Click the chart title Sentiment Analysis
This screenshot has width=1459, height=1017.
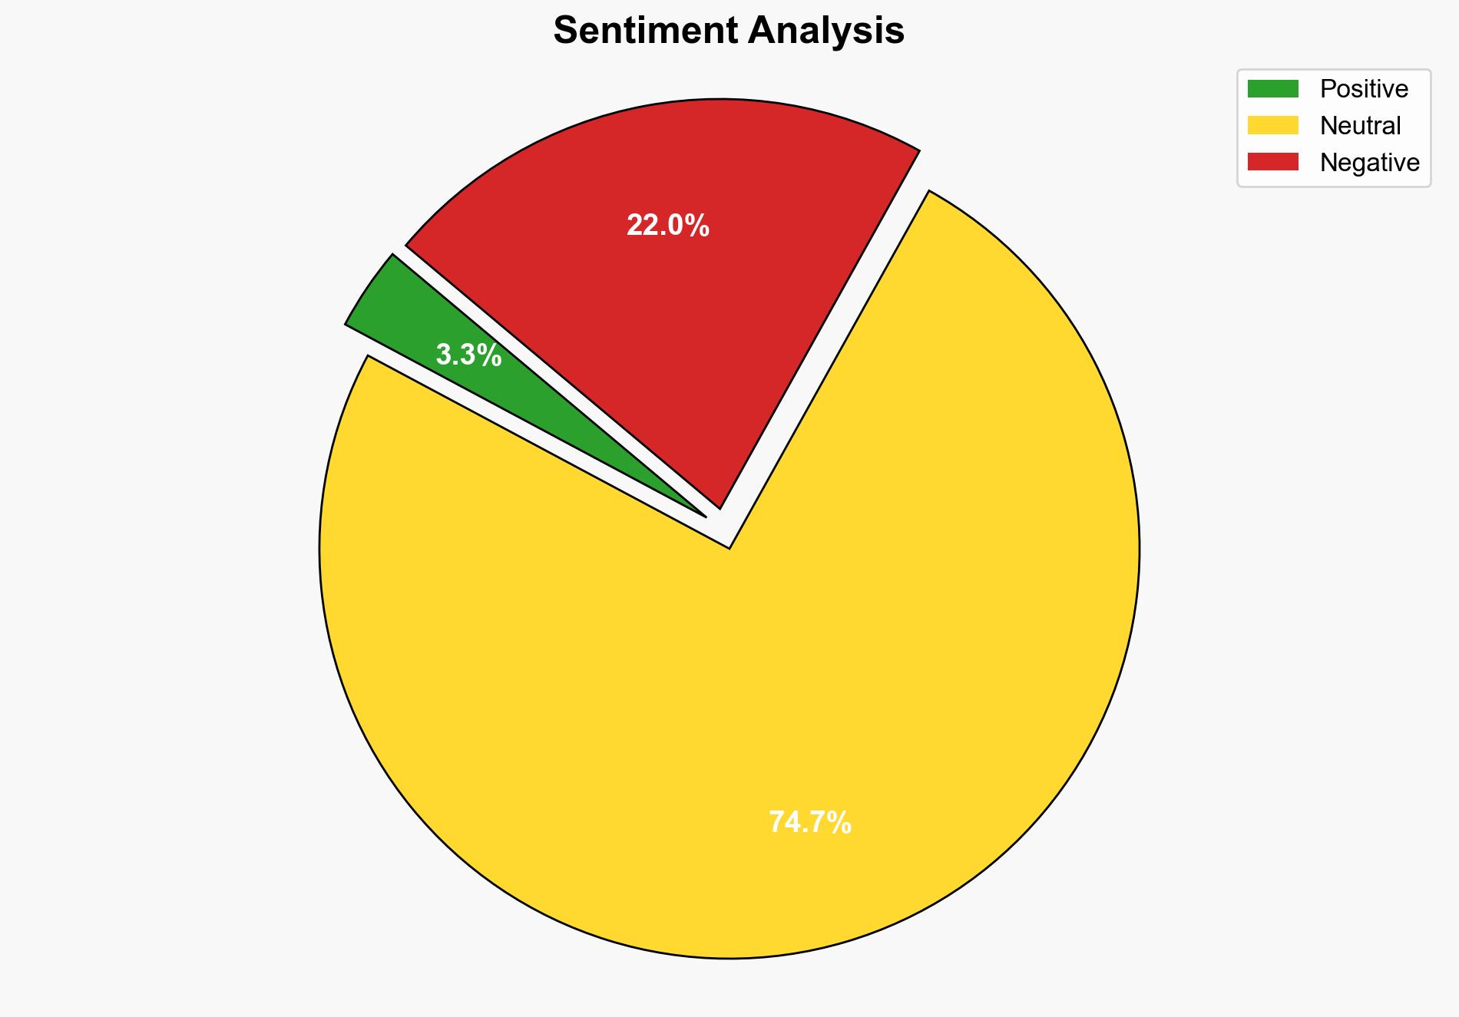(x=729, y=31)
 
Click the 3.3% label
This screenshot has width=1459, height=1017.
(x=468, y=355)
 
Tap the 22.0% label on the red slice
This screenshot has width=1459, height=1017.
(x=667, y=226)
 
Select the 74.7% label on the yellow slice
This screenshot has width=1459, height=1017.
(x=809, y=823)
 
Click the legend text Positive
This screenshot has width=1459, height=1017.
(x=1364, y=89)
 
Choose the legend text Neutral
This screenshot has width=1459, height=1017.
(x=1360, y=126)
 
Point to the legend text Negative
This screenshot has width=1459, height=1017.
(x=1369, y=163)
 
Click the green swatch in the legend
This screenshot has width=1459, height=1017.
(x=1272, y=89)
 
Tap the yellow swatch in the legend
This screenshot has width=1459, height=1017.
(x=1272, y=125)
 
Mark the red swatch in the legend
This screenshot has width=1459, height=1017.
(x=1272, y=162)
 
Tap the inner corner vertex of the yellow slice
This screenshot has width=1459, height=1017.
(x=729, y=546)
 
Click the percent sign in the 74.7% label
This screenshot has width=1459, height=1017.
(x=839, y=823)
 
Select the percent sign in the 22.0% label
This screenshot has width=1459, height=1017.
(x=696, y=226)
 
